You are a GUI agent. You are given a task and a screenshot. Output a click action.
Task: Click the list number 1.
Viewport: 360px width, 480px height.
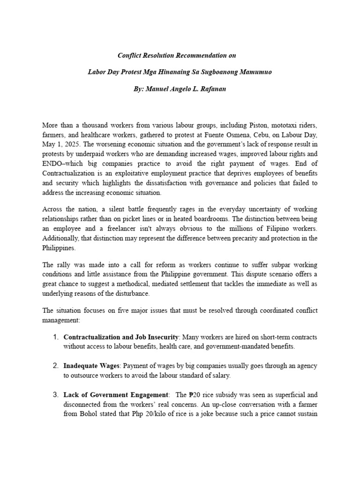[55, 337]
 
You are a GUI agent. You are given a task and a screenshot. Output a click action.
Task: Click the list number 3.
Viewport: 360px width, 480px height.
[55, 394]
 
